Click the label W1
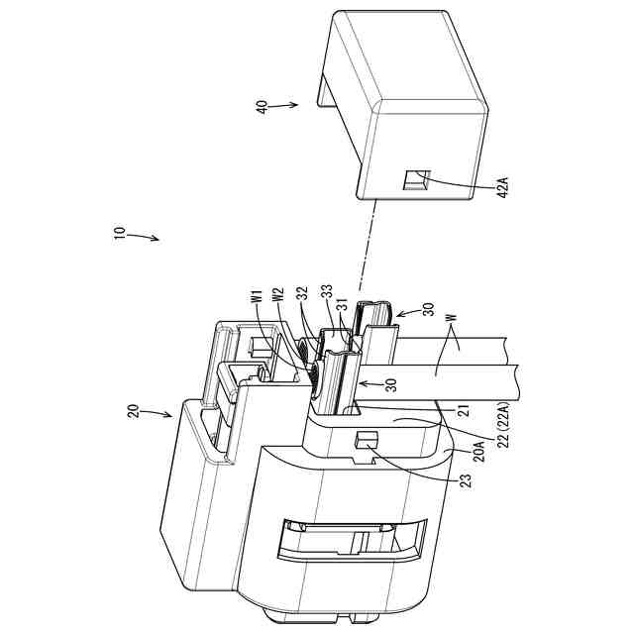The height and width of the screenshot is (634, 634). click(256, 297)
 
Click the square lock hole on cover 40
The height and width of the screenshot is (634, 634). click(415, 181)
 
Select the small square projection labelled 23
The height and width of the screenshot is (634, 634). click(363, 439)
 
